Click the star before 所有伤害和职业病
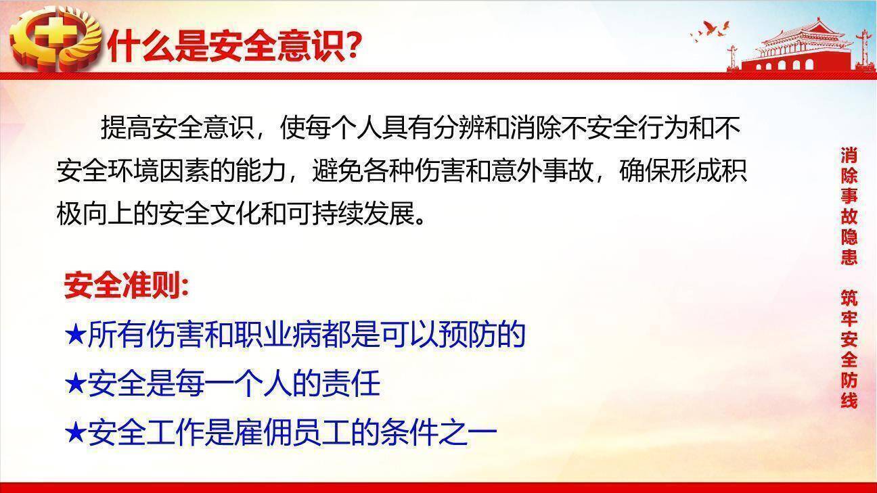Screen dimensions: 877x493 coord(76,335)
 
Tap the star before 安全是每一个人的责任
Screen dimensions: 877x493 coord(76,383)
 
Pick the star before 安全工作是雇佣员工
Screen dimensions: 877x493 coord(76,432)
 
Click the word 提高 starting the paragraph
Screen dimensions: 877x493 coord(126,128)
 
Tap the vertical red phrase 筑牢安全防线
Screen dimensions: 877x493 coord(849,349)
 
